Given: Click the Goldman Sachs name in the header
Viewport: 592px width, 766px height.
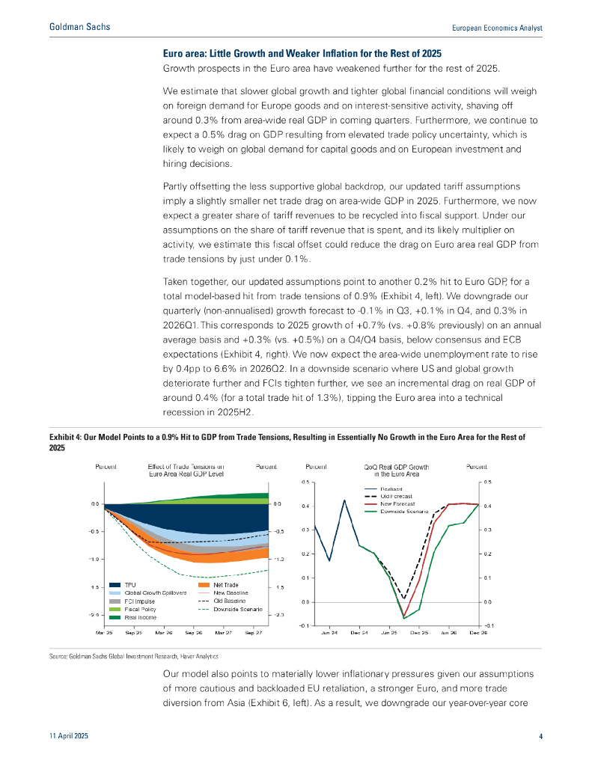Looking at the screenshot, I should pyautogui.click(x=79, y=27).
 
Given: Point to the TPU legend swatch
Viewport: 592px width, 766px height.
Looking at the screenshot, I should pyautogui.click(x=115, y=584).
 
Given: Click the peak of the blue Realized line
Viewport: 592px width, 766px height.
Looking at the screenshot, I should pyautogui.click(x=344, y=500).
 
